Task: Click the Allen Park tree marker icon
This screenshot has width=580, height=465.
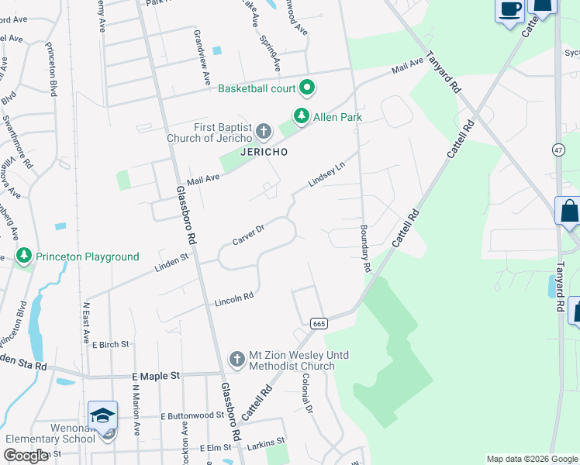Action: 302,117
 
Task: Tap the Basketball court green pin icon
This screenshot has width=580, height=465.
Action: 306,88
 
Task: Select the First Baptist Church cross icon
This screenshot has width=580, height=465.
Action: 264,131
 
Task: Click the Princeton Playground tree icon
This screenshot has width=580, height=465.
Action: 25,256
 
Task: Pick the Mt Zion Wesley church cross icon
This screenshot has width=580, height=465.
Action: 237,360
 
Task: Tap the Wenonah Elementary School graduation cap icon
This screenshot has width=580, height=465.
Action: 102,416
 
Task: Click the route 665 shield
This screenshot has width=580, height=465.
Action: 318,322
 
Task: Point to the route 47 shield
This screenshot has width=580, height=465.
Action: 558,149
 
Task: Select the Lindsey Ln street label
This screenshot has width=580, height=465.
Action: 326,176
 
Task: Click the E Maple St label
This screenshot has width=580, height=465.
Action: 155,375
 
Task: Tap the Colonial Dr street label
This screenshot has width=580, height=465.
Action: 308,395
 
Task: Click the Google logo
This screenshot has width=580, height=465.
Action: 26,456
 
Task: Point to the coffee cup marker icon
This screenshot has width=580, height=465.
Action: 509,10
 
